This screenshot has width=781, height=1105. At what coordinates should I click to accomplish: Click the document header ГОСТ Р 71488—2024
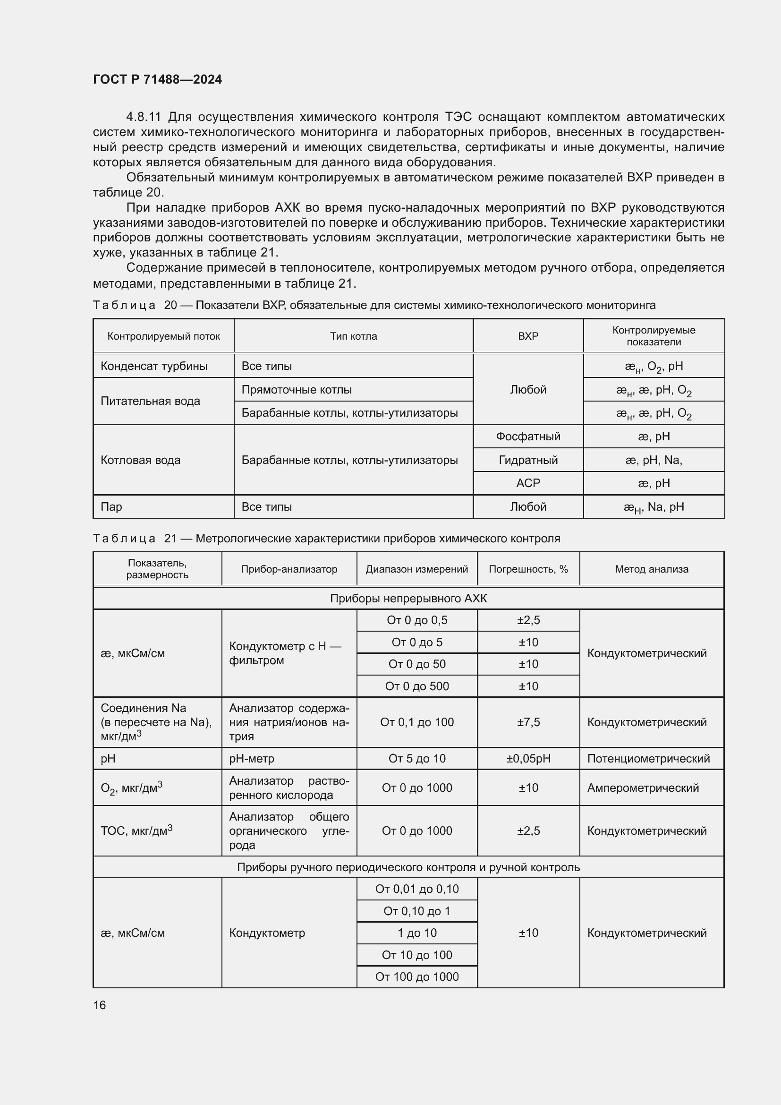coord(157,79)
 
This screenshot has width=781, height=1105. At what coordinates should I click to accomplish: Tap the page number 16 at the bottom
coord(100,1005)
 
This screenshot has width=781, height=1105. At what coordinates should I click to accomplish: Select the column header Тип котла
coord(353,336)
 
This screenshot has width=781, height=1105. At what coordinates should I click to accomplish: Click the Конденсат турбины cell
coord(154,366)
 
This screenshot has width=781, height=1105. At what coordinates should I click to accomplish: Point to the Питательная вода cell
coord(150,402)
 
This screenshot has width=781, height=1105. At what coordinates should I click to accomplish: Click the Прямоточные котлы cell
coord(296,390)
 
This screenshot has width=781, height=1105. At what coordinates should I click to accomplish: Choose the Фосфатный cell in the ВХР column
coord(527,437)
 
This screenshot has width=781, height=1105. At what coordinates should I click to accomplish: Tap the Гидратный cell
coord(527,460)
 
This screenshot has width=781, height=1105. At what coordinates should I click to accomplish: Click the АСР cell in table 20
coord(527,483)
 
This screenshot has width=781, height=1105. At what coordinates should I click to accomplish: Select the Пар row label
coord(111,507)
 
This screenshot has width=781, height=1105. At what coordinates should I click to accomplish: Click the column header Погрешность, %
coord(528,569)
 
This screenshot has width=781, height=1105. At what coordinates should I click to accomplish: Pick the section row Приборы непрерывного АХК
coord(408,598)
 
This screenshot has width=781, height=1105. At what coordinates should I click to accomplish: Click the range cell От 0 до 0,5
coord(416,620)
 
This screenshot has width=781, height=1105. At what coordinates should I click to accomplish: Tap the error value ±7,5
coord(528,722)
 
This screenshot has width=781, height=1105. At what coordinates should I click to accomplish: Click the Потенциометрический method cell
coord(648,759)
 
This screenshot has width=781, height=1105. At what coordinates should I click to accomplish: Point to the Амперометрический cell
coord(643,788)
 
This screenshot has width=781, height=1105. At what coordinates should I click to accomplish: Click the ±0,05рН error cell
coord(528,759)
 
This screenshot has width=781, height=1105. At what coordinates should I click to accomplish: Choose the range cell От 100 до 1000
coord(416,977)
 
